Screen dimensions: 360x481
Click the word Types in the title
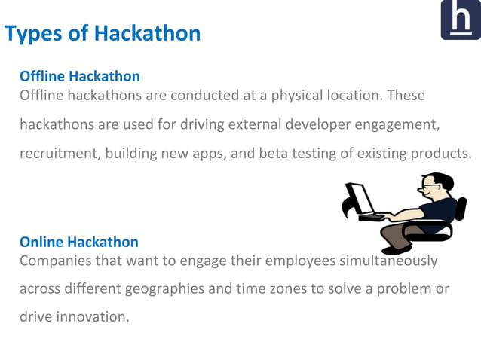pos(34,34)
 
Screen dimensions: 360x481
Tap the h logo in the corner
pos(460,20)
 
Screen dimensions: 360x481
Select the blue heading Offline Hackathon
pos(79,76)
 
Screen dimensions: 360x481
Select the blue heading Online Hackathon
pos(78,242)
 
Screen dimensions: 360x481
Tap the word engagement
pos(395,124)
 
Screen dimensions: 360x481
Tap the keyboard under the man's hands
pos(374,218)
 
